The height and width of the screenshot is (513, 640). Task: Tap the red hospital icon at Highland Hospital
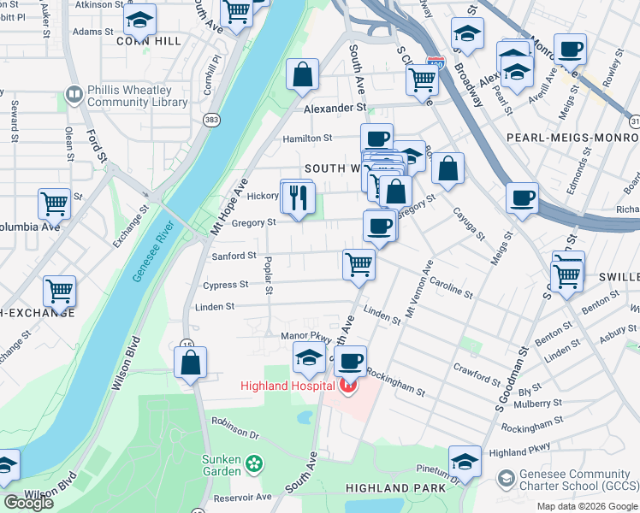click(347, 386)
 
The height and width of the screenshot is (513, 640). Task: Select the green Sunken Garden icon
click(254, 464)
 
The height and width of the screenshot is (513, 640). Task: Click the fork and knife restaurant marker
click(299, 199)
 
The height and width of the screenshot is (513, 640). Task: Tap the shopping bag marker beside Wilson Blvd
click(190, 363)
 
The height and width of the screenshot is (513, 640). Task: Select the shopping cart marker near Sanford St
click(359, 264)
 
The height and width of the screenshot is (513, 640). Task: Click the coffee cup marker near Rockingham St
click(350, 362)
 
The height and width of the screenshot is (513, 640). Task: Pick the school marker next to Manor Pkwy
click(309, 358)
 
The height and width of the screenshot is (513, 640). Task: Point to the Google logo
click(27, 503)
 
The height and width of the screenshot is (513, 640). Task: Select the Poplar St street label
click(269, 276)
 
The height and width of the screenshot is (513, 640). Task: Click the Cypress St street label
click(226, 285)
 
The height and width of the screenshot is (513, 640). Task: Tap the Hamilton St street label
click(308, 138)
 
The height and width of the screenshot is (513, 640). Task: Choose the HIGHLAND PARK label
click(394, 487)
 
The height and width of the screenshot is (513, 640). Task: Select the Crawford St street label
click(477, 374)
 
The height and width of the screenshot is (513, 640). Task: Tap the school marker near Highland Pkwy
click(465, 463)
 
